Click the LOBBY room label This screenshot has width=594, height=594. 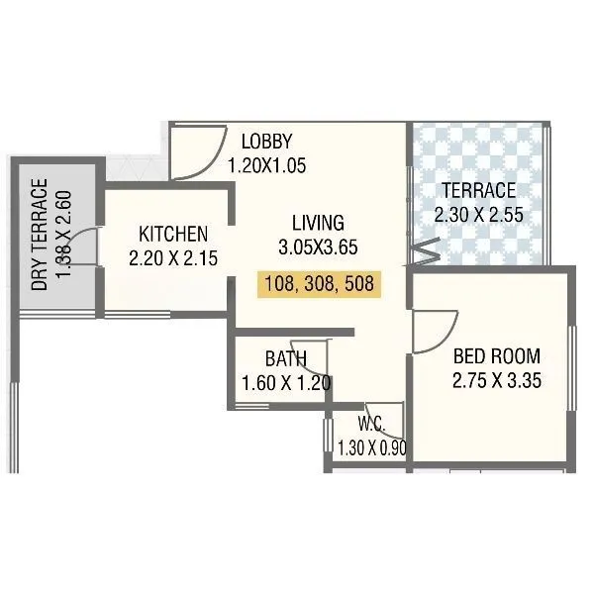pyautogui.click(x=267, y=140)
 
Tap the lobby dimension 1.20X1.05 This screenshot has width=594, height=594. pyautogui.click(x=267, y=165)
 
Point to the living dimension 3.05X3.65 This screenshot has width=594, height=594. pyautogui.click(x=318, y=246)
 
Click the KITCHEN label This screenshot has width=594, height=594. pyautogui.click(x=173, y=235)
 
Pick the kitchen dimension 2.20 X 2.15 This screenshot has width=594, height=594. pyautogui.click(x=173, y=258)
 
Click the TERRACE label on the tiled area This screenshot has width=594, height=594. pyautogui.click(x=478, y=190)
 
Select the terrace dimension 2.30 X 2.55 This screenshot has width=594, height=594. pyautogui.click(x=478, y=214)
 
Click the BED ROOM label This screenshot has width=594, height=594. pyautogui.click(x=497, y=356)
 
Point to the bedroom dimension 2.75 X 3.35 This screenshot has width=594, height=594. pyautogui.click(x=497, y=381)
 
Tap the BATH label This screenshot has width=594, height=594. pyautogui.click(x=285, y=358)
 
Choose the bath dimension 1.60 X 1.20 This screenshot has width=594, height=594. pyautogui.click(x=285, y=383)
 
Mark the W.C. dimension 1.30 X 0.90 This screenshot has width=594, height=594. pyautogui.click(x=372, y=447)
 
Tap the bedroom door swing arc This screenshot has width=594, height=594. pyautogui.click(x=434, y=328)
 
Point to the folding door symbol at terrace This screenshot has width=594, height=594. pyautogui.click(x=423, y=252)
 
